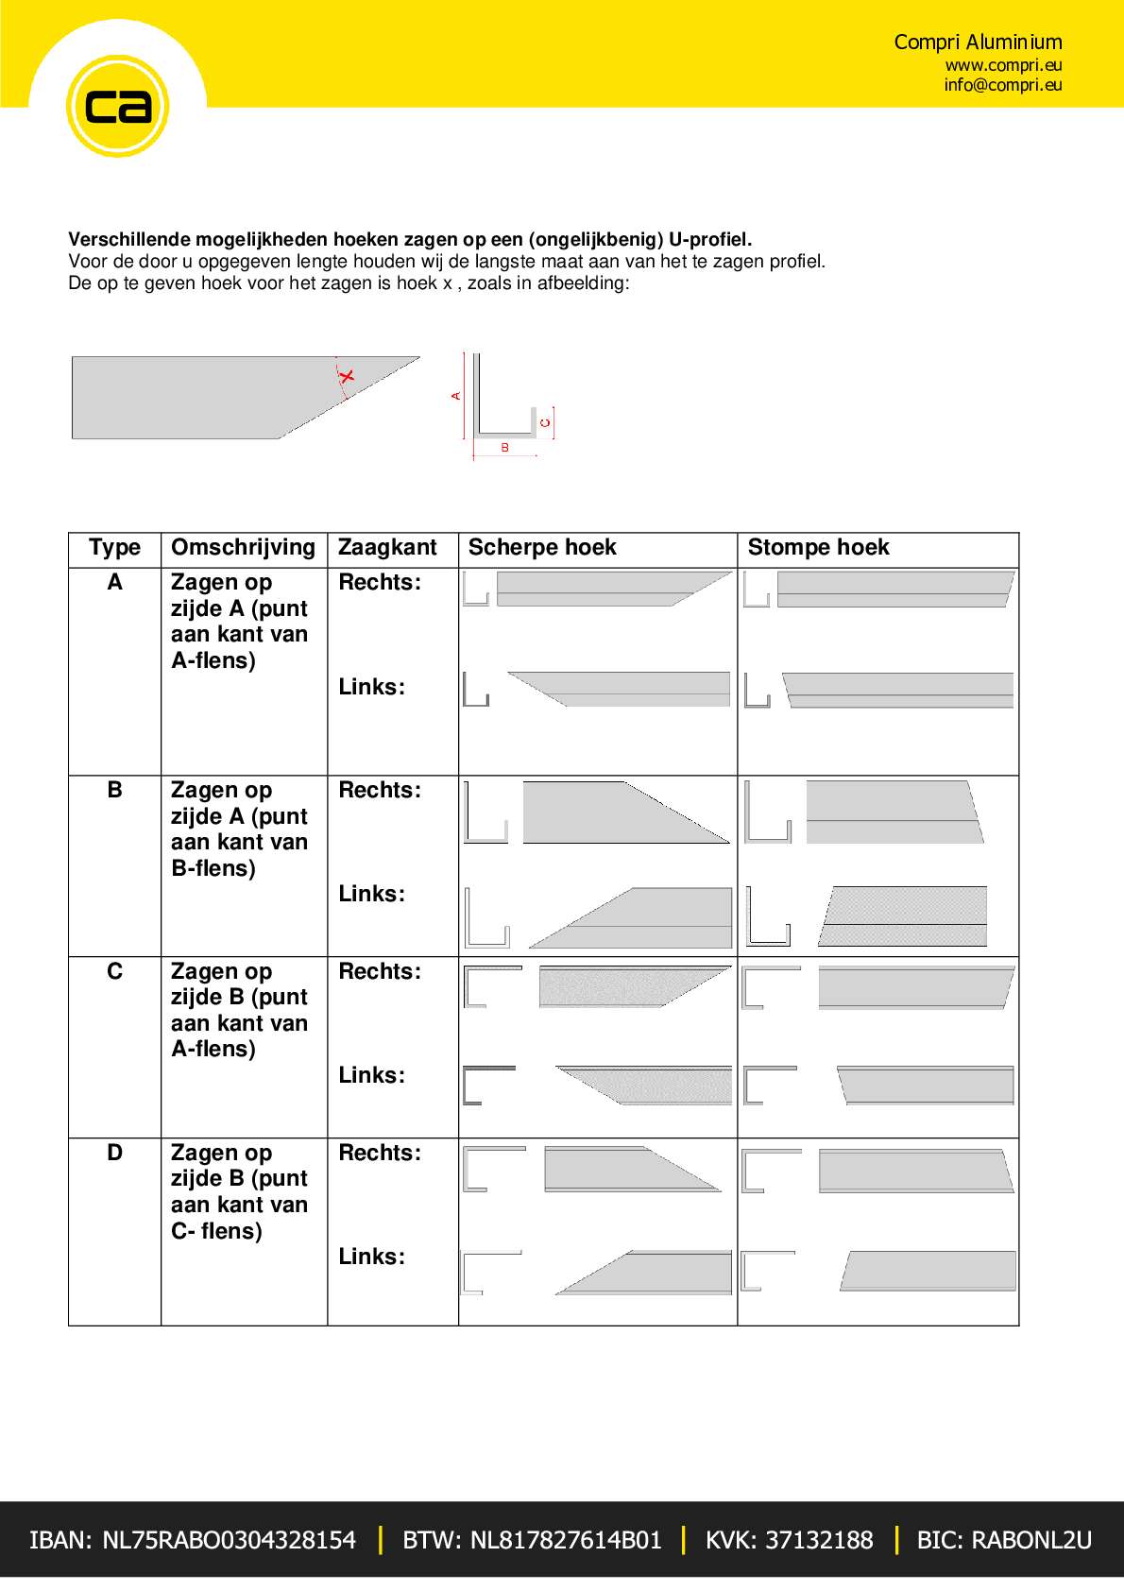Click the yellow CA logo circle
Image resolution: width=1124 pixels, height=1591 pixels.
[x=117, y=106]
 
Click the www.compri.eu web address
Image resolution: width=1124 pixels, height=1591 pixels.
[x=1003, y=65]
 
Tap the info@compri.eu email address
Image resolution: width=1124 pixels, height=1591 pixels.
[x=1002, y=85]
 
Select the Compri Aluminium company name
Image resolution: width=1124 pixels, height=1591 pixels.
[x=978, y=42]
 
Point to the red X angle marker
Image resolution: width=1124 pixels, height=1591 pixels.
[x=347, y=377]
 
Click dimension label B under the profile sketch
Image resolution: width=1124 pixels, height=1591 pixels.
[x=504, y=448]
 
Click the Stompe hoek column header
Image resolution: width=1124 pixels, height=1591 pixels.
[x=818, y=548]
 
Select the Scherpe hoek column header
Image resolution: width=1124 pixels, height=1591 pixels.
[x=542, y=548]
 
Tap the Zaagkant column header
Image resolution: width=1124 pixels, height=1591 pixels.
[x=387, y=548]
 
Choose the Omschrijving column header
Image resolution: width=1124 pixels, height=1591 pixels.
[x=243, y=548]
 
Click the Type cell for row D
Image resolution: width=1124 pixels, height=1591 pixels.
[x=114, y=1153]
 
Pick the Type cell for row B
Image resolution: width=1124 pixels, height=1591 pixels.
[x=114, y=790]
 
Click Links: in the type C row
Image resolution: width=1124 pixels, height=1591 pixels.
[x=371, y=1075]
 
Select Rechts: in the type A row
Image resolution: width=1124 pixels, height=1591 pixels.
[x=380, y=582]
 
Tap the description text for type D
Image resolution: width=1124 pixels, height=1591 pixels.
[x=239, y=1191]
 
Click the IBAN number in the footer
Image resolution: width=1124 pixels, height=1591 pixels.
[x=193, y=1540]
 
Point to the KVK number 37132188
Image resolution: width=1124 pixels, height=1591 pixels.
[x=789, y=1540]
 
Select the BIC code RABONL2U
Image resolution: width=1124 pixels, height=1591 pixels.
[x=1003, y=1540]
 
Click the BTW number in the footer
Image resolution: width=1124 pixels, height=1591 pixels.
[x=532, y=1540]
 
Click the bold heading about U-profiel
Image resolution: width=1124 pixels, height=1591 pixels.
[x=410, y=240]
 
